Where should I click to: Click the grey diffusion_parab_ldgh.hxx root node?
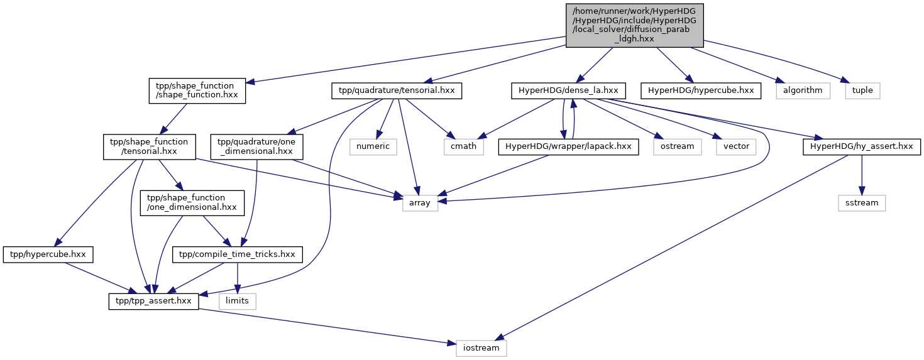[634, 25]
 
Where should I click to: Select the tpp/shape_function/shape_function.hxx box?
[197, 90]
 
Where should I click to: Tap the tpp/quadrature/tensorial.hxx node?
[397, 90]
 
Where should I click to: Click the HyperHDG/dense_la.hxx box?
[568, 90]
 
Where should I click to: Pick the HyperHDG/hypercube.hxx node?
[701, 90]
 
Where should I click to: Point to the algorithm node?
[803, 90]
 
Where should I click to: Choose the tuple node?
[862, 90]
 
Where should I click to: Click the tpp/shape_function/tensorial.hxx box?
[150, 147]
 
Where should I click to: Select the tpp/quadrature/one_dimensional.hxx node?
[256, 147]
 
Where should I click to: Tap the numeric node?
[373, 147]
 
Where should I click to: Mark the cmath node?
[464, 147]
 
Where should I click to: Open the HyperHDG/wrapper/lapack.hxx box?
[568, 147]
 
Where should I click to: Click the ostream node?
[678, 147]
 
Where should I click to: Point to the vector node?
[736, 147]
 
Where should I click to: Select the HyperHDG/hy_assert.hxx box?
[862, 147]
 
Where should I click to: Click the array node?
[420, 204]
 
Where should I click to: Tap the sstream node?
[862, 204]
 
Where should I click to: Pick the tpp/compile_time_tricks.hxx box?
[237, 254]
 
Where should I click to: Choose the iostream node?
[481, 349]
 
